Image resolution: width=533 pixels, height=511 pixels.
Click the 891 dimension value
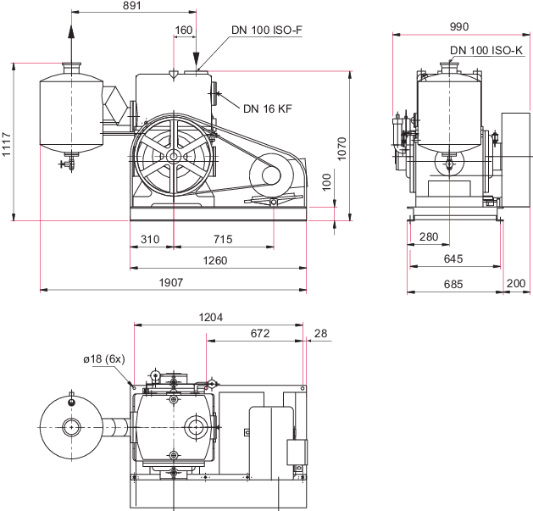(132, 5)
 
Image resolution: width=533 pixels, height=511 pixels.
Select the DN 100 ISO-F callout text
(267, 30)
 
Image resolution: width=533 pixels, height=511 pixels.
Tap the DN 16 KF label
(268, 108)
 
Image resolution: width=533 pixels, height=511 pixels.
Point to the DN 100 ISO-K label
(486, 50)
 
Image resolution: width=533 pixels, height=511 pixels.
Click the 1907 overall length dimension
(171, 282)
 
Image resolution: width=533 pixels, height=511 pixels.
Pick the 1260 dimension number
(215, 260)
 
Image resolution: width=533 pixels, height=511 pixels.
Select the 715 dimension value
(223, 239)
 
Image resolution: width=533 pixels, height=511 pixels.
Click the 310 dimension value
(150, 239)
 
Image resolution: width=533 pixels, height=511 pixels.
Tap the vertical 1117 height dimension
(6, 144)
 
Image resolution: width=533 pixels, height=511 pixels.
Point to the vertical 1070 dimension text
(341, 148)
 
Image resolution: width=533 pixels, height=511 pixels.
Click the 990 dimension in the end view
(459, 26)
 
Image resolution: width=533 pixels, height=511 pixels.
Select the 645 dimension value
(453, 258)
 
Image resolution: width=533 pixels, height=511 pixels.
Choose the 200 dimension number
(516, 283)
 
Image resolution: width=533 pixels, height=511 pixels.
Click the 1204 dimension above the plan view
(211, 317)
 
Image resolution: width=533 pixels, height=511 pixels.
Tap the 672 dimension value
(260, 333)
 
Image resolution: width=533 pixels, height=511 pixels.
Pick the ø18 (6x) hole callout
(104, 359)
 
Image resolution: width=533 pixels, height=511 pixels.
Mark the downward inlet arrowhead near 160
(196, 60)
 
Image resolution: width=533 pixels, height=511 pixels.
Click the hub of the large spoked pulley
(174, 157)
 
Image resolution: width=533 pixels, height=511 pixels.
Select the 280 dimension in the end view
(429, 236)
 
